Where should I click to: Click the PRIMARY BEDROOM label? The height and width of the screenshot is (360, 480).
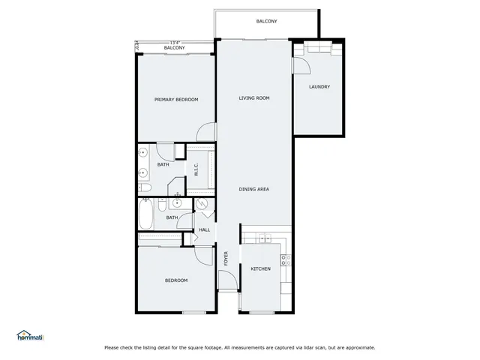coord(176,99)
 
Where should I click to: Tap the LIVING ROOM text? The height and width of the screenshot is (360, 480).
coord(254,98)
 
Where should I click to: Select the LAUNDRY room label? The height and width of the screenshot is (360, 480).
coord(319,87)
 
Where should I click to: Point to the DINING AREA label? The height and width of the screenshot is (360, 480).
coord(254,189)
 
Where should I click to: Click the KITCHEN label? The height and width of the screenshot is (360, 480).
coord(260,268)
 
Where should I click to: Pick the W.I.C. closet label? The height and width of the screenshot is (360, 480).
coord(196,170)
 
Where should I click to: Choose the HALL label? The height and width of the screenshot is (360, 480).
coord(204,229)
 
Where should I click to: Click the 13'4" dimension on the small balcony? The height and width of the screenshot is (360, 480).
coord(175,43)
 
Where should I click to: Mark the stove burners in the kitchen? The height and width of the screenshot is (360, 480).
coord(285,261)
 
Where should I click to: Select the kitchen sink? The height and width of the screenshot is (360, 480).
coord(263,238)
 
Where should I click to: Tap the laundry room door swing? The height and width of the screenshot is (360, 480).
coord(300,66)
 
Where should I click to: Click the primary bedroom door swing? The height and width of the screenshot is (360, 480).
coord(204,132)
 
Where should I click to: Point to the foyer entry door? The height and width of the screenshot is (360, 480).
coord(226,281)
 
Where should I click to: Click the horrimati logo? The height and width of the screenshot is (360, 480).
coord(30,336)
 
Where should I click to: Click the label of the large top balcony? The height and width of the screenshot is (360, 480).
coord(266,21)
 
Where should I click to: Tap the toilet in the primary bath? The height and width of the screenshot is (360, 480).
coord(145,187)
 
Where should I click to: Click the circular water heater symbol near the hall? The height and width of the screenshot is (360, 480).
coord(202,205)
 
